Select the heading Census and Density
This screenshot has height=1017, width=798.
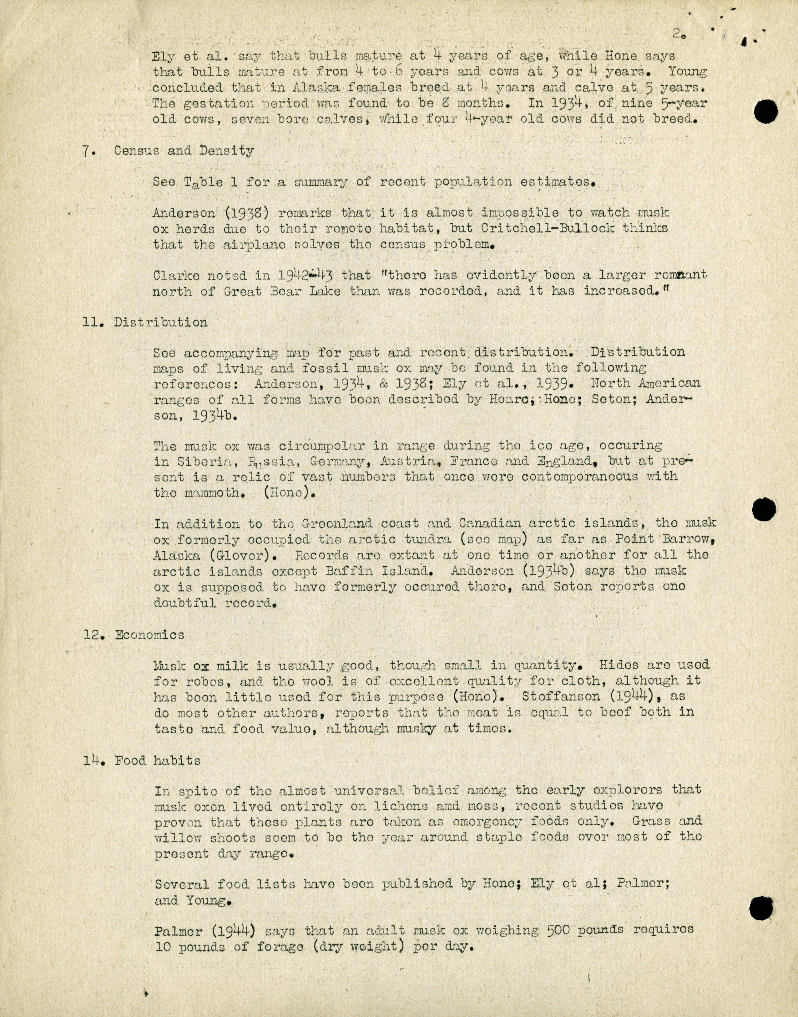click(x=184, y=151)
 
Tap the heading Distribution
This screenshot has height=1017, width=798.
click(x=161, y=322)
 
